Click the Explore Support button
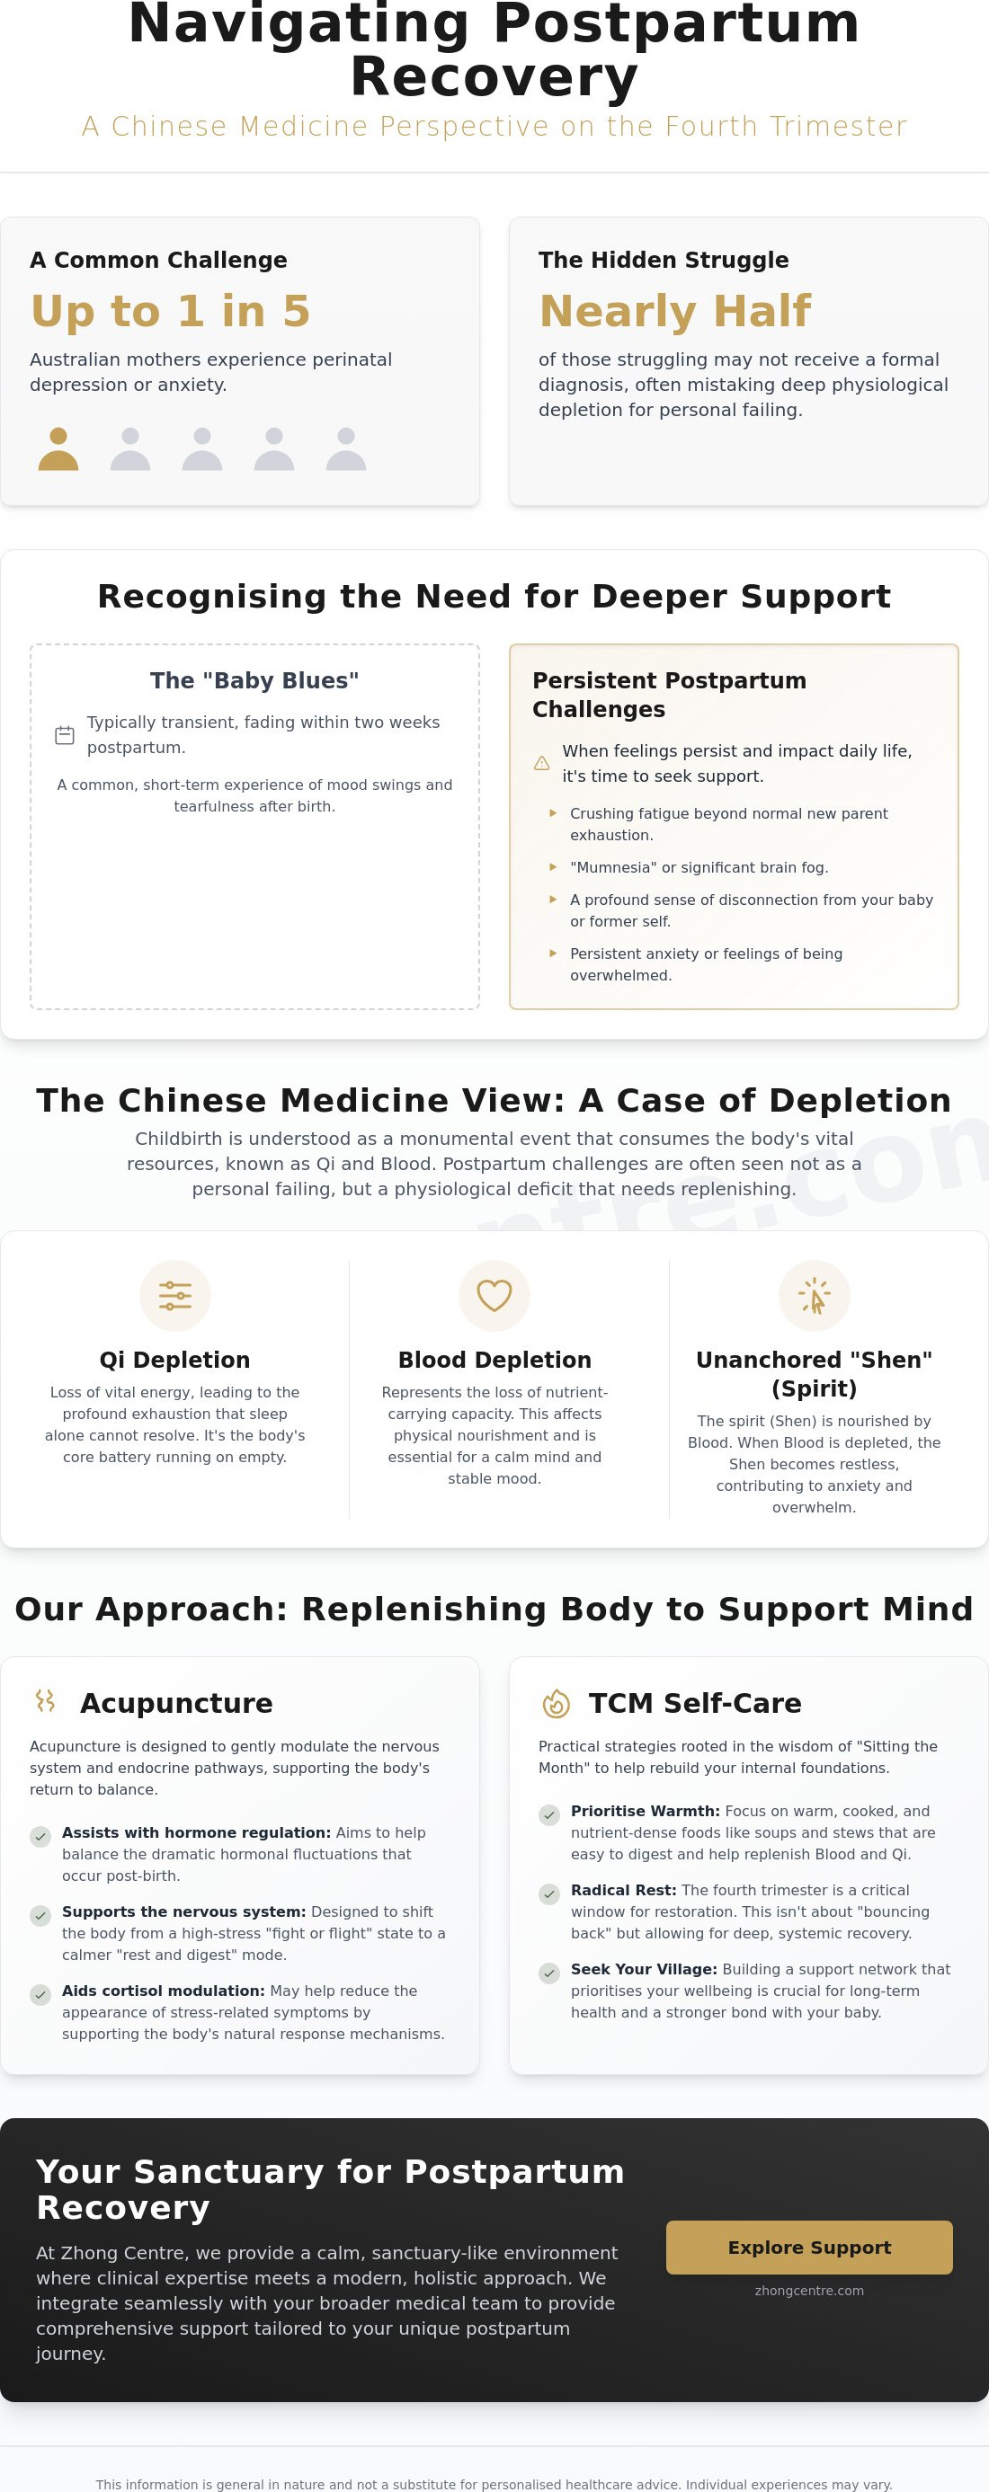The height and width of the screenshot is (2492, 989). (809, 2248)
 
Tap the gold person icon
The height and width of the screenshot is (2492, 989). (58, 448)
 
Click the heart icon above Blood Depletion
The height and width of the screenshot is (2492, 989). (494, 1295)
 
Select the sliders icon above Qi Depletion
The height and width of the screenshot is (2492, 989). (175, 1295)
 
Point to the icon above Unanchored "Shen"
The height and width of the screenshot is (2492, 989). (814, 1295)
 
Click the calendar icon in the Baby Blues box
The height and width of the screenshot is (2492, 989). (65, 735)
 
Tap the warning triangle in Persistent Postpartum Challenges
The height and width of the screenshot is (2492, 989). (542, 763)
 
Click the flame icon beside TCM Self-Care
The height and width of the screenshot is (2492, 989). (556, 1704)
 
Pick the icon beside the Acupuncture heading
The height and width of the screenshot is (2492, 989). (46, 1700)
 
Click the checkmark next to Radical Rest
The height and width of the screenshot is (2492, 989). (548, 1894)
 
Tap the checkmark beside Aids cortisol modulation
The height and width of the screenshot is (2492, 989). (40, 1995)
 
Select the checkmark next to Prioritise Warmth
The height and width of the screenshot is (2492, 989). (548, 1814)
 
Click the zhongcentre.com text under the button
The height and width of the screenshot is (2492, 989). (809, 2291)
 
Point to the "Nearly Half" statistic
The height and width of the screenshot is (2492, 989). (674, 311)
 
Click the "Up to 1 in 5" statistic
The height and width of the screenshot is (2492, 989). (170, 311)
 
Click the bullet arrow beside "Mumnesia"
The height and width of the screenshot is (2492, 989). (553, 867)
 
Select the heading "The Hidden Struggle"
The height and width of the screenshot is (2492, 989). (663, 261)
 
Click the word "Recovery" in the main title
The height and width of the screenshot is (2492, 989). (494, 77)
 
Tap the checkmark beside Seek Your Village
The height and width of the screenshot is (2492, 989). (548, 1973)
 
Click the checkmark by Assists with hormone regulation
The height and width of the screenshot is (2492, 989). (40, 1836)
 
